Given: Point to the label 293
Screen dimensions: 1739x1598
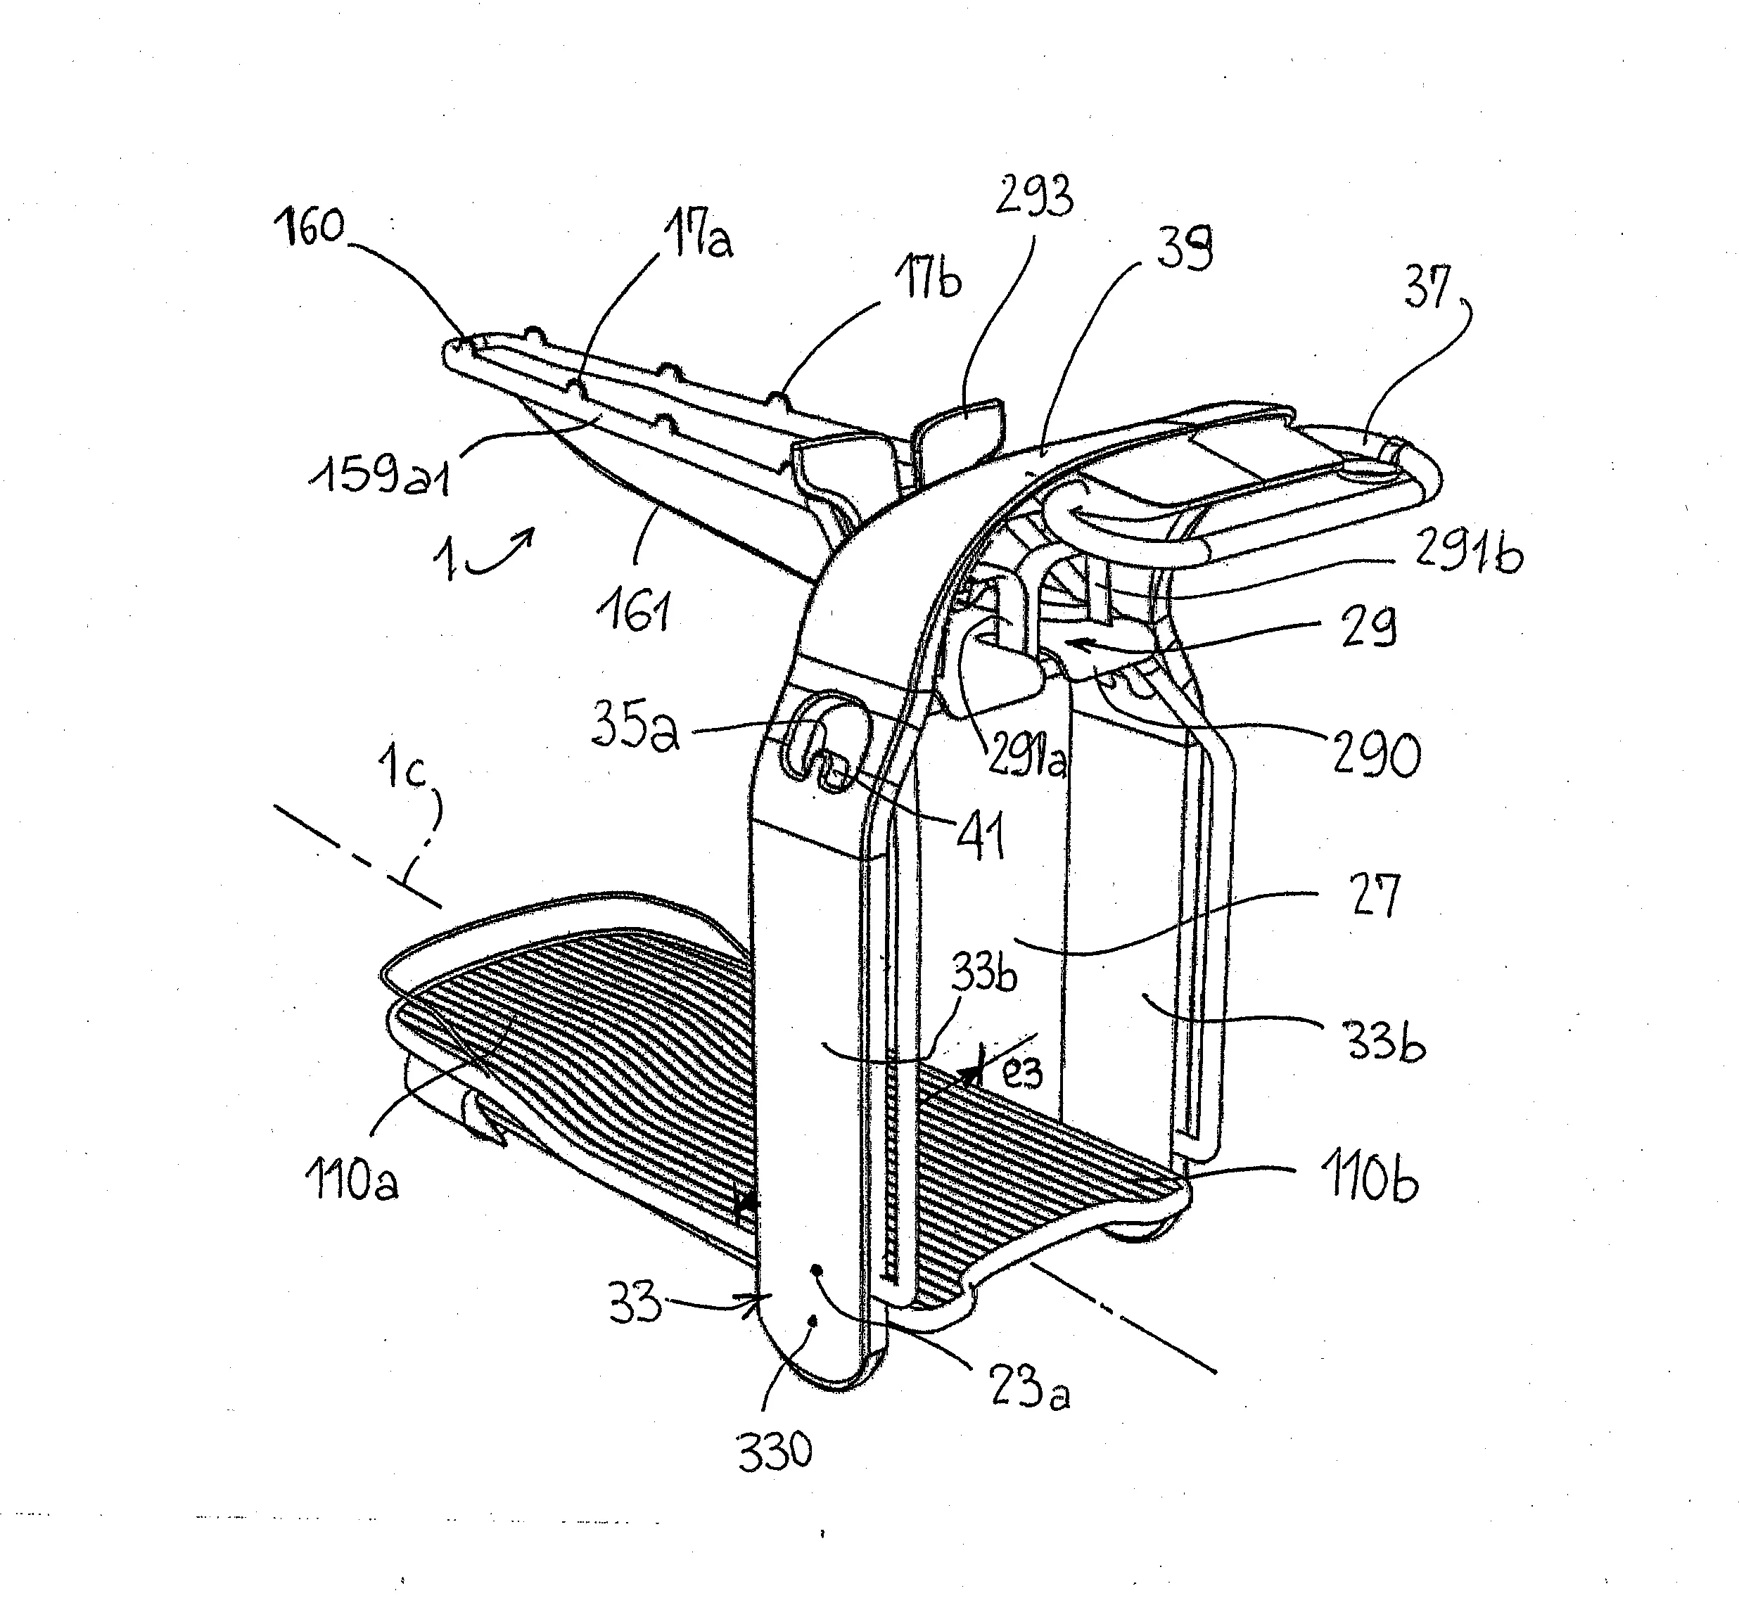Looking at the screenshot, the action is click(1034, 196).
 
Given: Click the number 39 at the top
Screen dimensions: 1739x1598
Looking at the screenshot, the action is click(1184, 248).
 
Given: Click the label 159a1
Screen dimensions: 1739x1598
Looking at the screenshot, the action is click(381, 475).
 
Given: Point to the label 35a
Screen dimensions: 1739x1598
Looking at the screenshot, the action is click(635, 727).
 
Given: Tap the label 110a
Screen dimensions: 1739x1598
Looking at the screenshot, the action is click(351, 1180).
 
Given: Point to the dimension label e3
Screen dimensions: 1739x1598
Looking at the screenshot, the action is click(1022, 1073).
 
